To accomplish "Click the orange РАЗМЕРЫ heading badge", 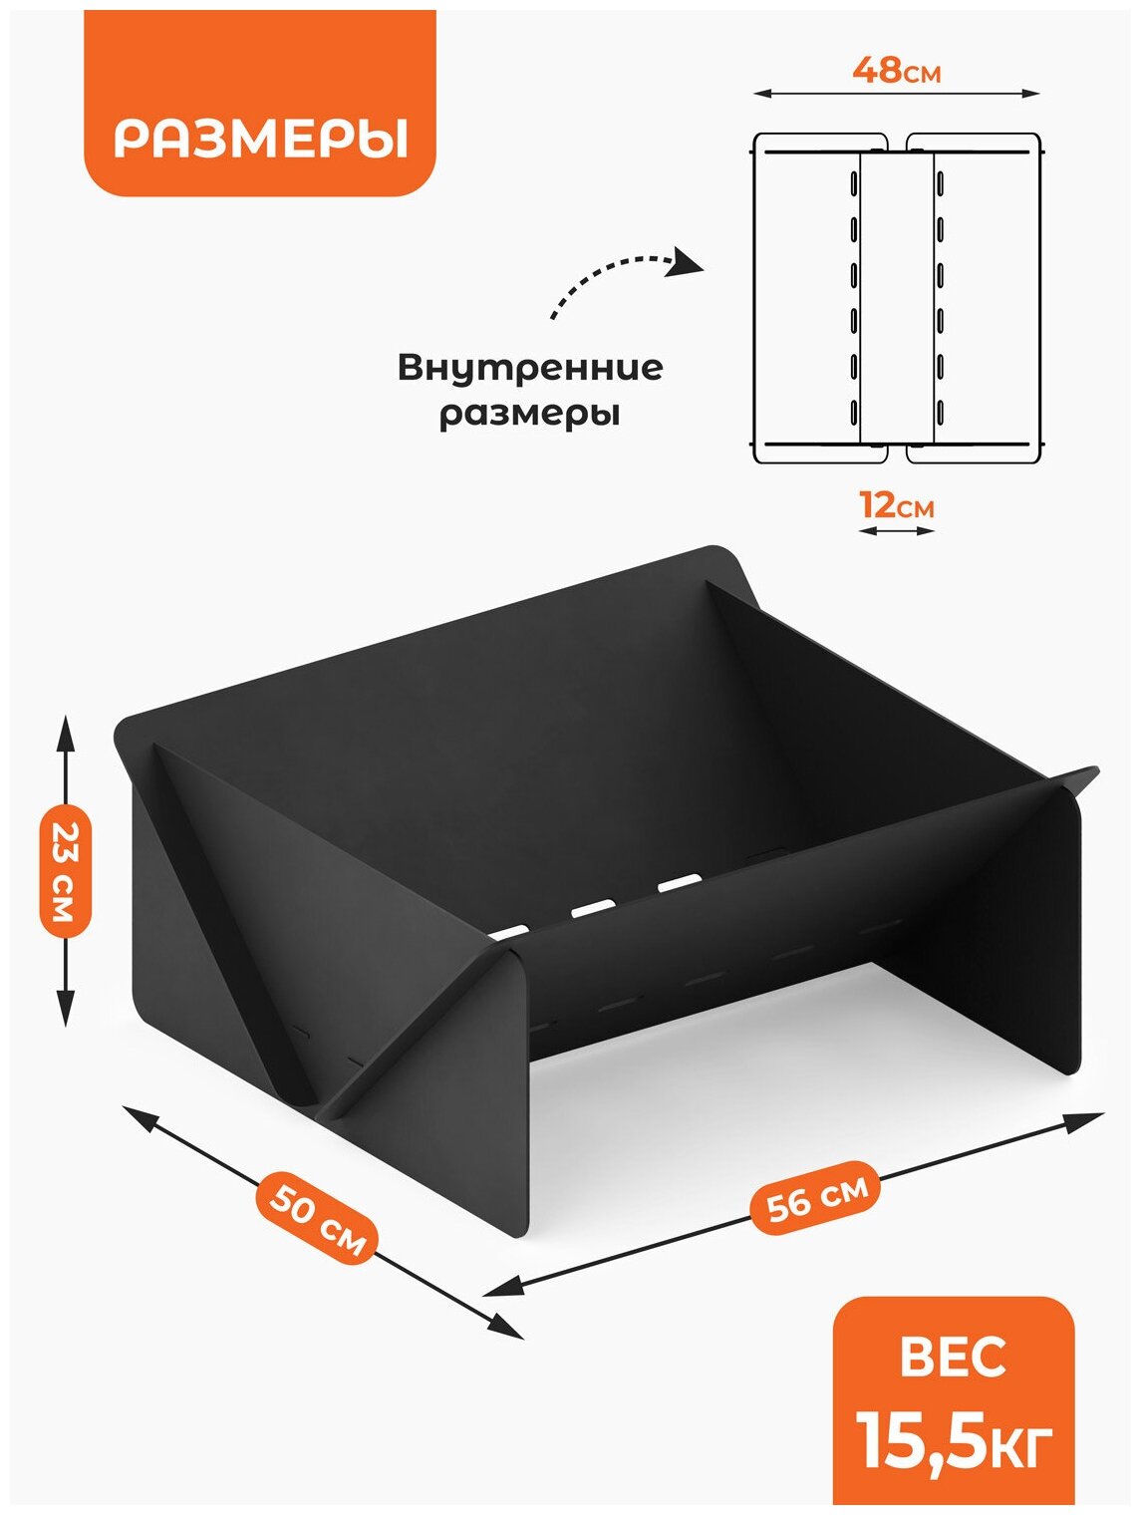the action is coord(260,139).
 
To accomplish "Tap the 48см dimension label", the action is coord(896,71).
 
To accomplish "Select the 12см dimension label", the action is coord(897,505).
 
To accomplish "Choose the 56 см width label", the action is coord(817,1197).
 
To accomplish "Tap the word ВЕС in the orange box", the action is coord(953,1358).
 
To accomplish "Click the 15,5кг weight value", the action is coord(955,1440).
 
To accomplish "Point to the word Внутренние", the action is coord(530,368).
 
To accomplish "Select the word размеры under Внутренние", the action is coord(530,413).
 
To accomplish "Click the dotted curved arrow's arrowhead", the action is coord(689,263).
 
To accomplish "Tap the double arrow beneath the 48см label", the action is coord(896,94).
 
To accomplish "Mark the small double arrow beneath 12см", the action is coord(897,531).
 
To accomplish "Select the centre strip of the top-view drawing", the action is coord(897,299).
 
